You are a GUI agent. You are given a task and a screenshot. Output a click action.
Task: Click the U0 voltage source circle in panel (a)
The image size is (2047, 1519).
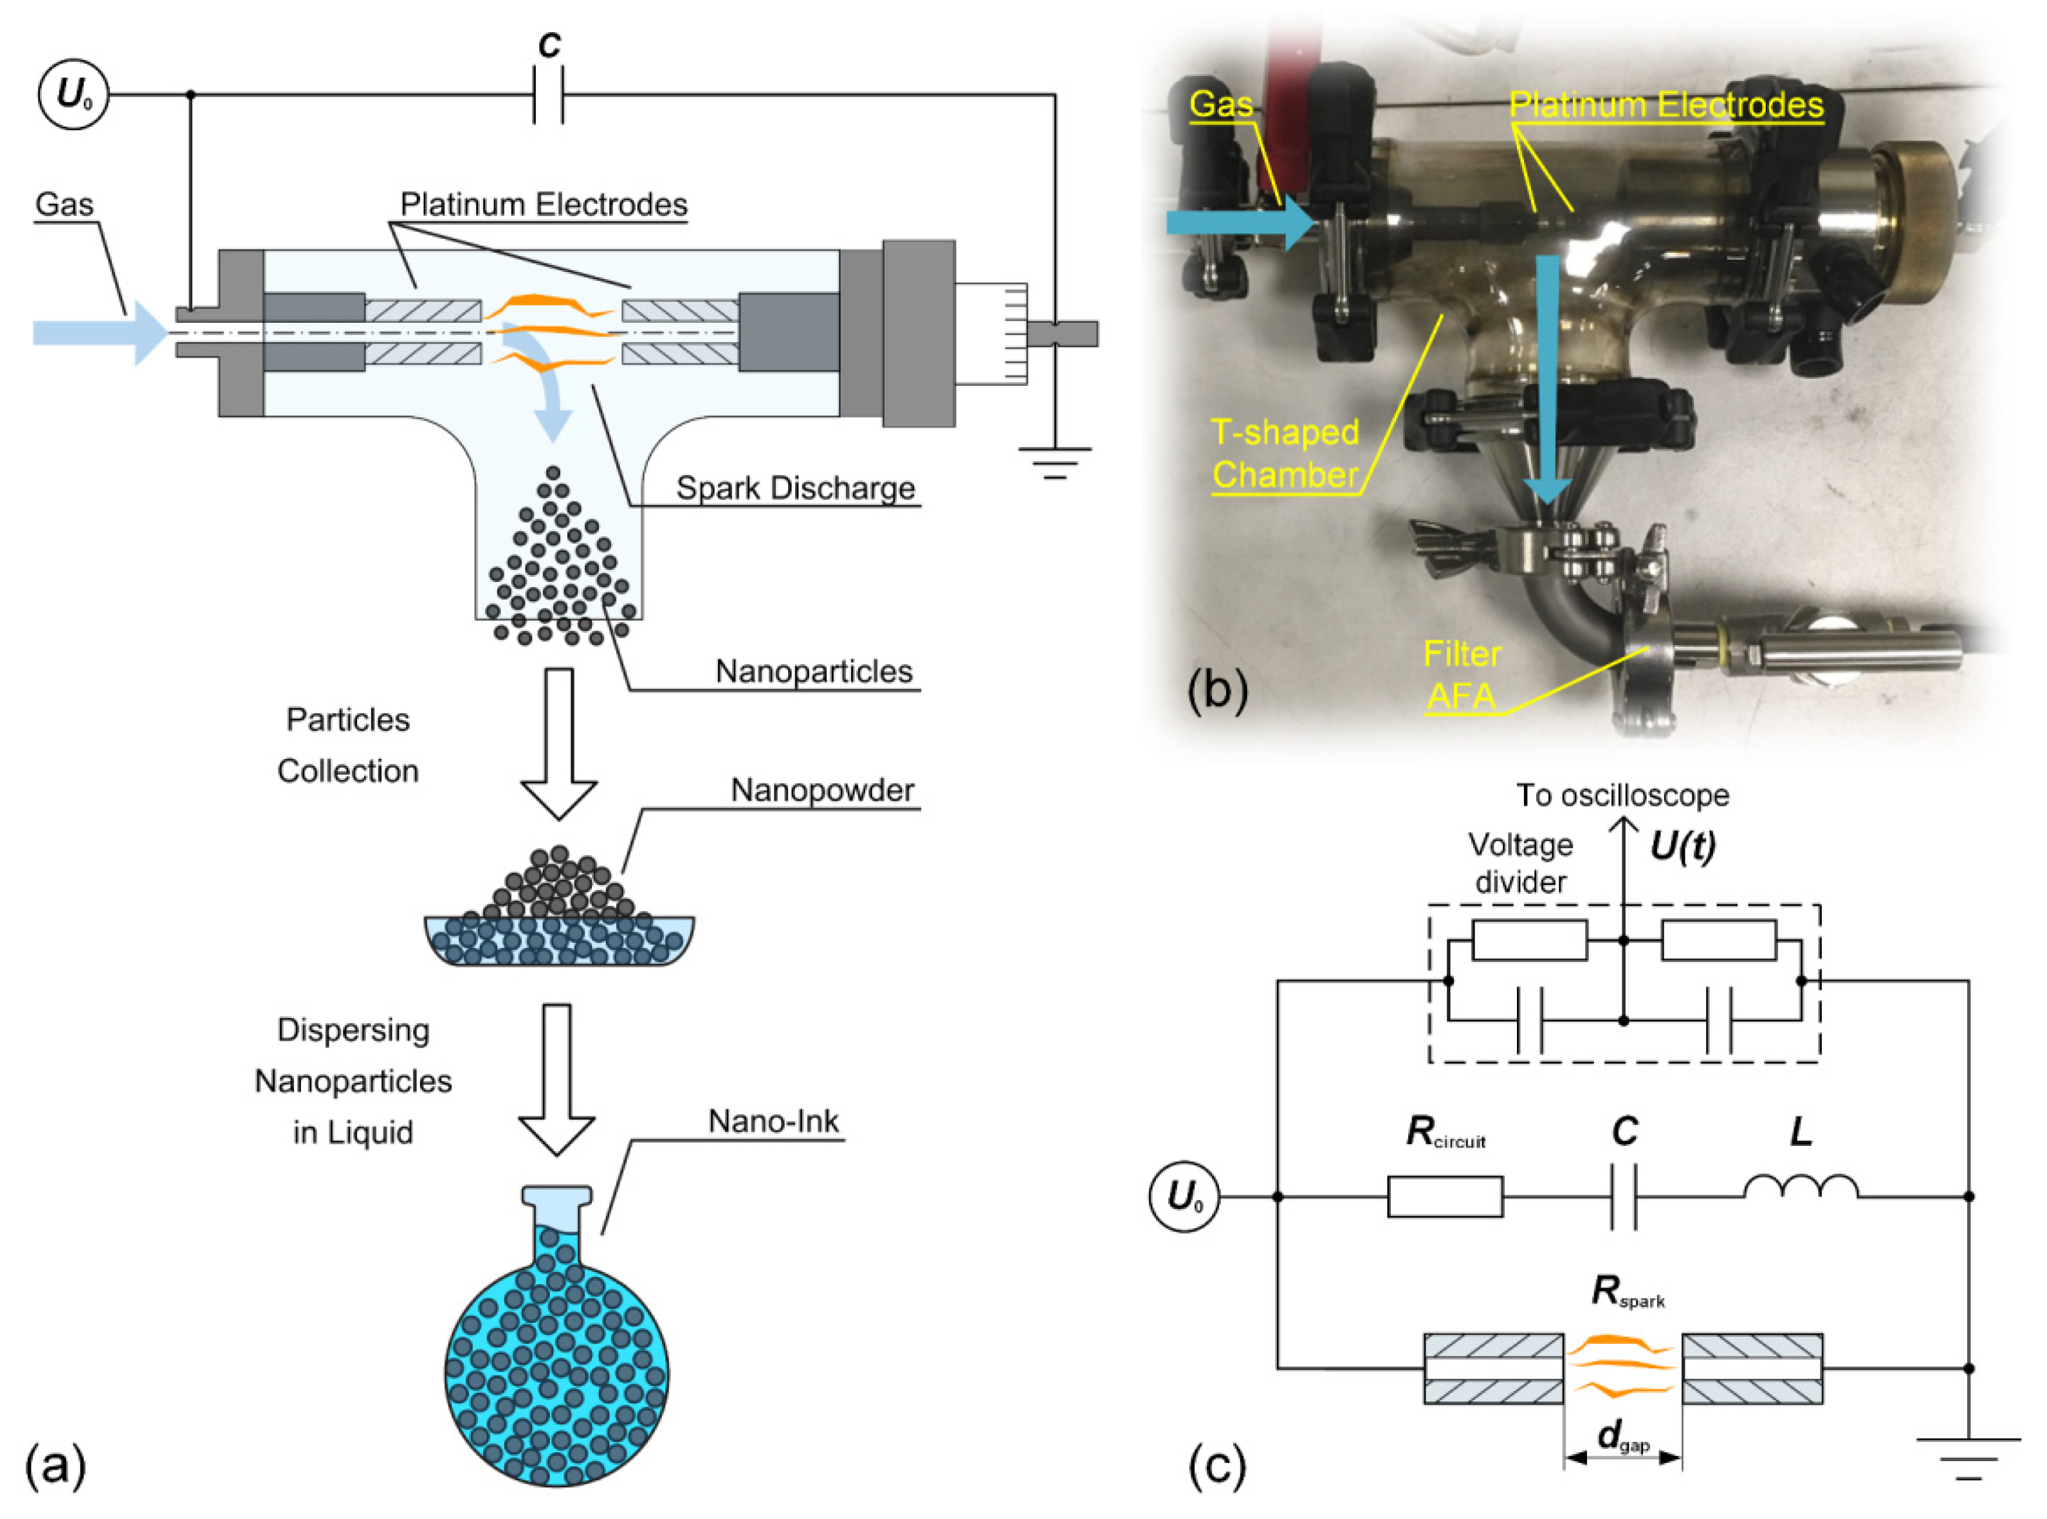(x=73, y=95)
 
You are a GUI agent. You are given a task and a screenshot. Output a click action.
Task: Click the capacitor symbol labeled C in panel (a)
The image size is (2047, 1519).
(x=548, y=95)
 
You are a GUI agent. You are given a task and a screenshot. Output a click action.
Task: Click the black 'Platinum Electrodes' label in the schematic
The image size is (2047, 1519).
(x=544, y=204)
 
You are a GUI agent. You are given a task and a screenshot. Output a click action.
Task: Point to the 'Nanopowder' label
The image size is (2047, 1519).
(x=822, y=791)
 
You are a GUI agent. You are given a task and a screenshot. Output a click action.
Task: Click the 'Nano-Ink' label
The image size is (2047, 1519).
(x=773, y=1122)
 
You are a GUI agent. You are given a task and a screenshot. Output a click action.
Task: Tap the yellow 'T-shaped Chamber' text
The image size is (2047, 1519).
(x=1285, y=453)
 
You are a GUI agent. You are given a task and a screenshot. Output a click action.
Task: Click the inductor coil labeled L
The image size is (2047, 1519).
(x=1801, y=1187)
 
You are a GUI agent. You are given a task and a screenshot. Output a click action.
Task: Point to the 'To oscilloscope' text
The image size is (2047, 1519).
(x=1622, y=796)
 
